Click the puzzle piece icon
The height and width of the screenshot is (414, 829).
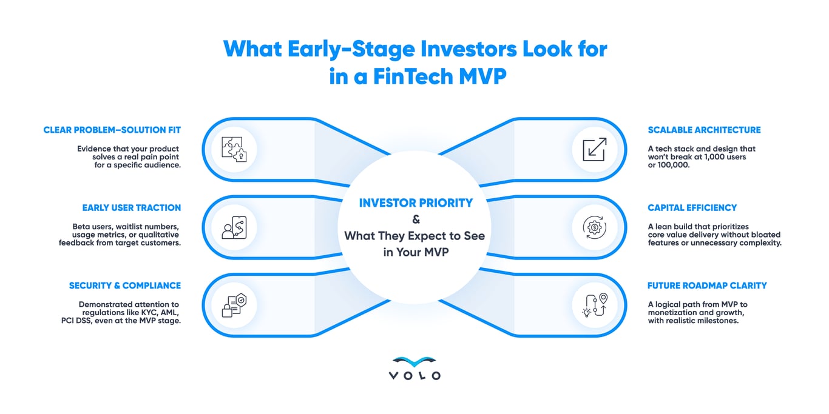tap(234, 149)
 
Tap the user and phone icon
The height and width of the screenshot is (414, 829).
tap(234, 227)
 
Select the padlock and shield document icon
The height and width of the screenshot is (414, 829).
tap(234, 305)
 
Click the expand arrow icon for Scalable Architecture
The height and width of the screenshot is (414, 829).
tap(595, 149)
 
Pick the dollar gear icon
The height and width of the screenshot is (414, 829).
tap(595, 227)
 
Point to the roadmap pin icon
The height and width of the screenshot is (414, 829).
tap(595, 305)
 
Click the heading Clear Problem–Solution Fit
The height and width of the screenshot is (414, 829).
tap(112, 130)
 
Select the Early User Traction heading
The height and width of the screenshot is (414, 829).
tap(131, 208)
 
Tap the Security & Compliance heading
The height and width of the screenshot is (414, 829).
tap(125, 285)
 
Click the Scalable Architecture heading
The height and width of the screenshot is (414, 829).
tap(704, 130)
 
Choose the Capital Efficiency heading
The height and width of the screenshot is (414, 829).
tap(692, 208)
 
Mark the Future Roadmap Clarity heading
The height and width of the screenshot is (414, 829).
tap(707, 285)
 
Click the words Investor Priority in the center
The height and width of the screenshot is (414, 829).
tap(416, 203)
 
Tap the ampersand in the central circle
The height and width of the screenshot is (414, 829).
tap(416, 219)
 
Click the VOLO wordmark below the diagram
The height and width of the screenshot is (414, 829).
tap(414, 376)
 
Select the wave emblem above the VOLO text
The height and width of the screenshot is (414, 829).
tap(414, 361)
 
